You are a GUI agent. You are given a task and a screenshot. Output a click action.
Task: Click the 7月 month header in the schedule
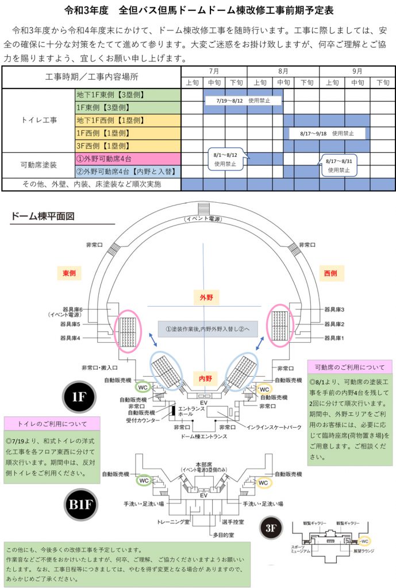pos(214,71)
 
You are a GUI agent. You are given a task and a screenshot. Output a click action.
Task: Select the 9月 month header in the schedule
pos(357,71)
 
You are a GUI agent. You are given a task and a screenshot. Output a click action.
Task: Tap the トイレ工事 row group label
pos(39,120)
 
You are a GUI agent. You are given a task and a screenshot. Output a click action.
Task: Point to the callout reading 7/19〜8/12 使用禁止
pos(244,100)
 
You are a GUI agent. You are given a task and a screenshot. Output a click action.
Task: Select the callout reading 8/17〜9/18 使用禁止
pos(327,133)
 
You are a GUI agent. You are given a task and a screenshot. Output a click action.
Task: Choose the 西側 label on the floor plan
pos(330,272)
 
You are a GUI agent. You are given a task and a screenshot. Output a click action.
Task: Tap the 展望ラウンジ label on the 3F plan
pos(363,550)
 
